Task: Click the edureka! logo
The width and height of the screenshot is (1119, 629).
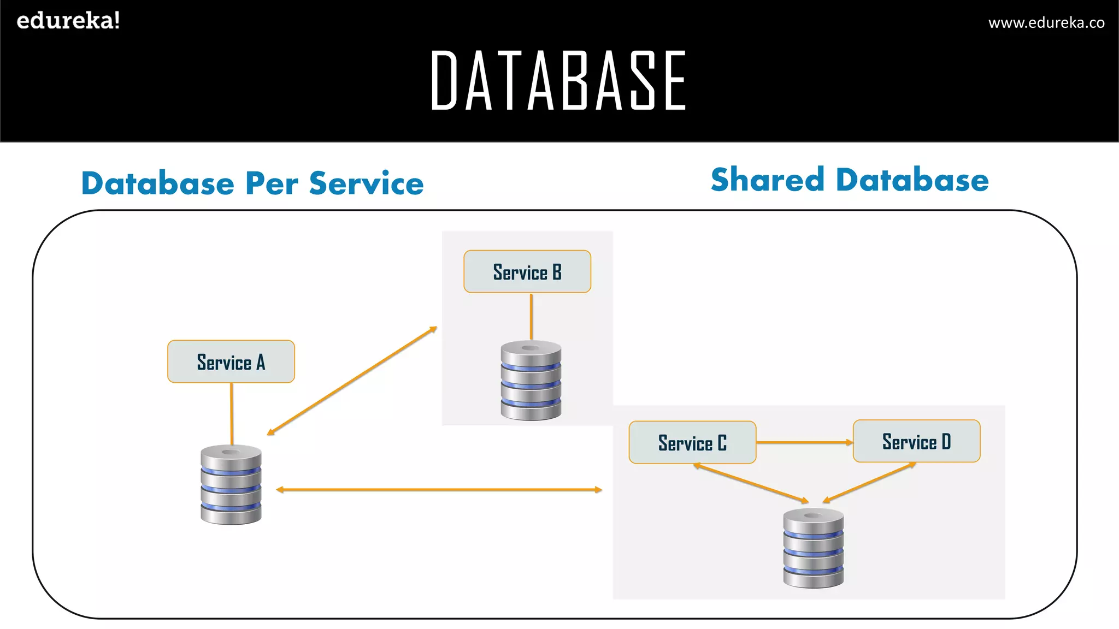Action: pyautogui.click(x=68, y=21)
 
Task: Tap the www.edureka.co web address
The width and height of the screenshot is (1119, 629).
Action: pyautogui.click(x=1046, y=22)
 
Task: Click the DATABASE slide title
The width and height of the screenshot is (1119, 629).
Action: pyautogui.click(x=558, y=80)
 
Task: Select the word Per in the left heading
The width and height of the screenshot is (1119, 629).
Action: pyautogui.click(x=272, y=183)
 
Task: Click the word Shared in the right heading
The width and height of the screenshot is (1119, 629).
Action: pyautogui.click(x=767, y=180)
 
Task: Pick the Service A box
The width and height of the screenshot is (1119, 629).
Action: pyautogui.click(x=231, y=361)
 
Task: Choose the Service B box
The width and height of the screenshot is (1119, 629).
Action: pyautogui.click(x=527, y=271)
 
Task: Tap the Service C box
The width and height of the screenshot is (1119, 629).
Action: pyautogui.click(x=692, y=442)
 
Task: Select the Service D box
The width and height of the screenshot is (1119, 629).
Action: pyautogui.click(x=916, y=441)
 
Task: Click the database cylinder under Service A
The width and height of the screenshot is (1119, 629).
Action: pyautogui.click(x=231, y=485)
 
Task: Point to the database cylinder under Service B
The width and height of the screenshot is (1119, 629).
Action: pyautogui.click(x=531, y=381)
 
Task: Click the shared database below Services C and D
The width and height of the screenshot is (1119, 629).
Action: pyautogui.click(x=813, y=548)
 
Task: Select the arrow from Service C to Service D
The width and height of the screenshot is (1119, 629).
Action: pyautogui.click(x=804, y=442)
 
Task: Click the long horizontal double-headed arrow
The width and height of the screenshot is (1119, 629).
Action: pyautogui.click(x=439, y=490)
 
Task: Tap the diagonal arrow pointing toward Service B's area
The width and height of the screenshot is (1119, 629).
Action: pyautogui.click(x=352, y=381)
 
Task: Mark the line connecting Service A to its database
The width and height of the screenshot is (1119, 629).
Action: pyautogui.click(x=232, y=413)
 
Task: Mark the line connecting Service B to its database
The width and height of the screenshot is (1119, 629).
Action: pyautogui.click(x=531, y=317)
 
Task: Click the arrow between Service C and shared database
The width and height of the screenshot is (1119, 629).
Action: pyautogui.click(x=751, y=483)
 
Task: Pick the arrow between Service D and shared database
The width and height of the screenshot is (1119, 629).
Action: pyautogui.click(x=869, y=482)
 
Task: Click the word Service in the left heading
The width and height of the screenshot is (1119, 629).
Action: pyautogui.click(x=366, y=183)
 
